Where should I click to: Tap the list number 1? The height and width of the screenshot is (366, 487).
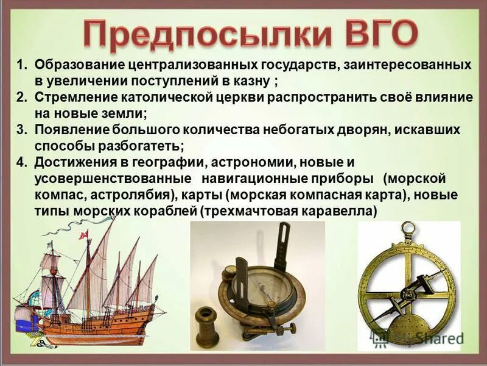coord(21,65)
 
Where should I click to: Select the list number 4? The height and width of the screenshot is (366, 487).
coord(21,162)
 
